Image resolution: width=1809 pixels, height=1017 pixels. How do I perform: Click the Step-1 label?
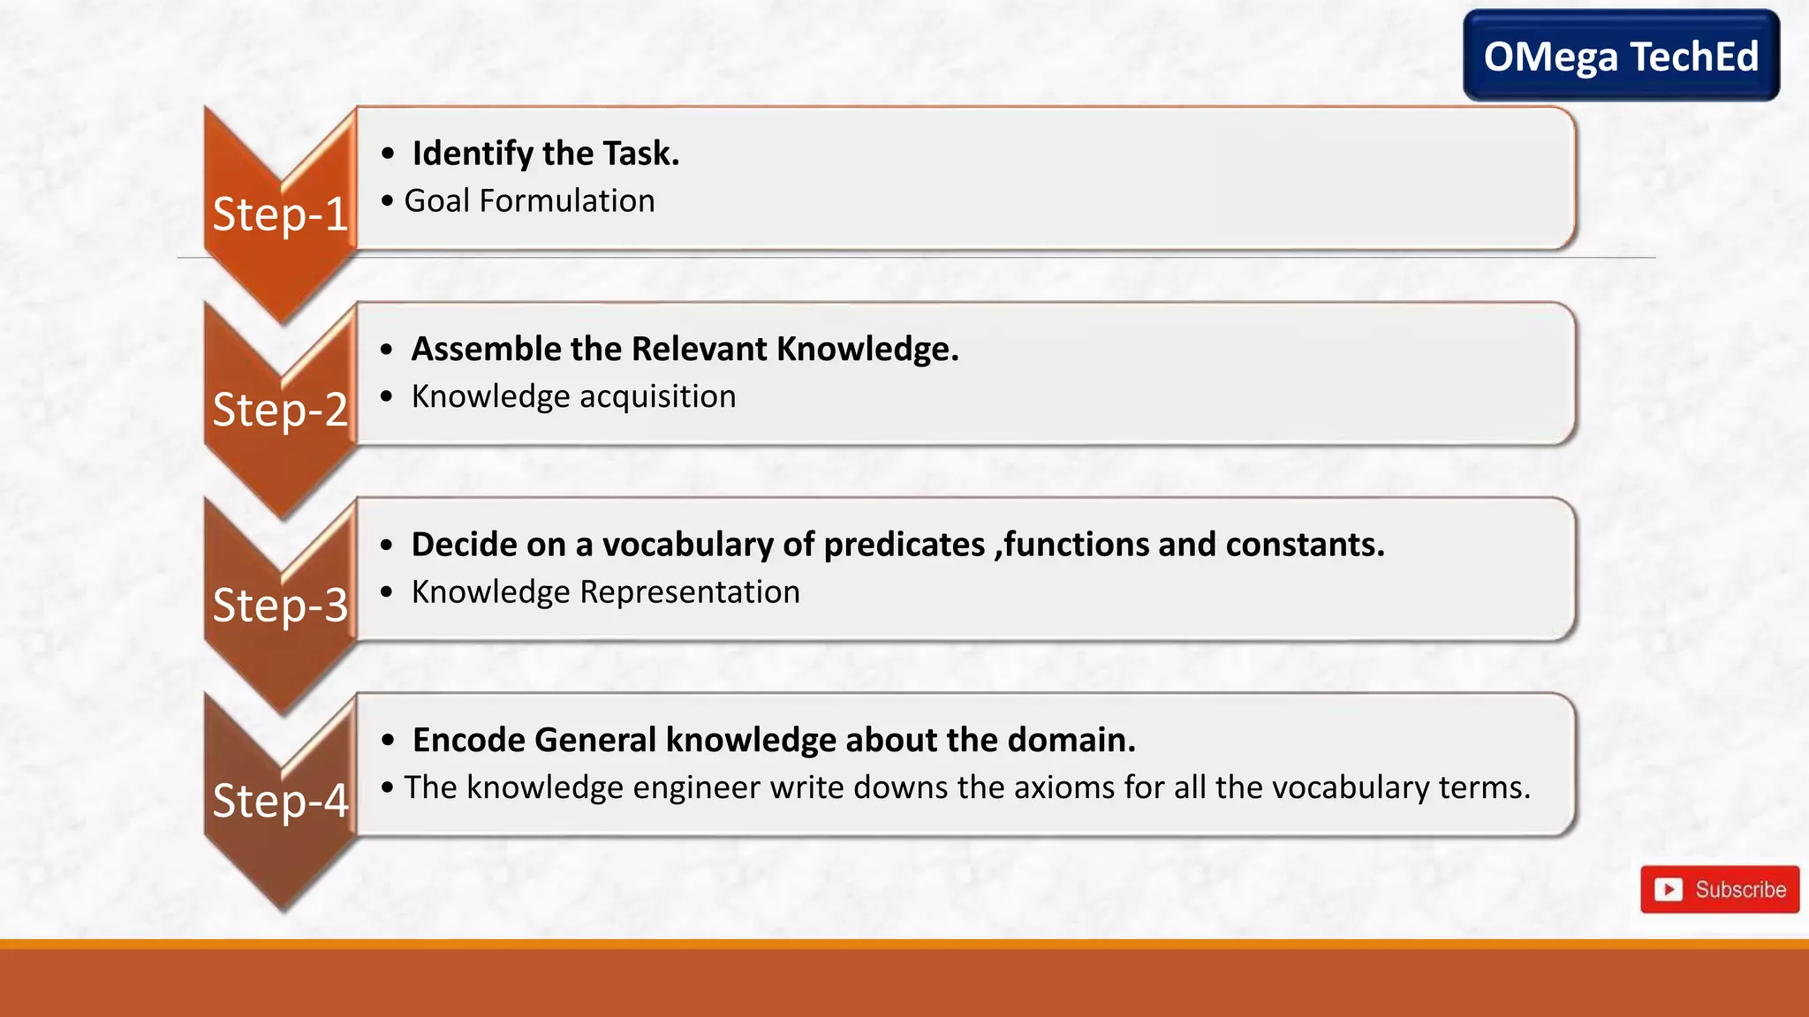(281, 215)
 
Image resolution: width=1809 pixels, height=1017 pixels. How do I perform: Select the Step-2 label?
(281, 410)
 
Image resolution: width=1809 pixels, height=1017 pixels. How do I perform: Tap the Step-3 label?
(281, 606)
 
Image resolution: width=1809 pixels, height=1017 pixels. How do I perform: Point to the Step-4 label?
(281, 801)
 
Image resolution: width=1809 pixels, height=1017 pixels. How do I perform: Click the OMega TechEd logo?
(1621, 56)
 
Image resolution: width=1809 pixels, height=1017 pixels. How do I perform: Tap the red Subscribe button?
(1719, 889)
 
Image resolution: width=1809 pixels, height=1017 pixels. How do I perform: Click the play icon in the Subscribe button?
(1669, 889)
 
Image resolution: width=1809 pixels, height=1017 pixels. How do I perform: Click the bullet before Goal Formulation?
(387, 201)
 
